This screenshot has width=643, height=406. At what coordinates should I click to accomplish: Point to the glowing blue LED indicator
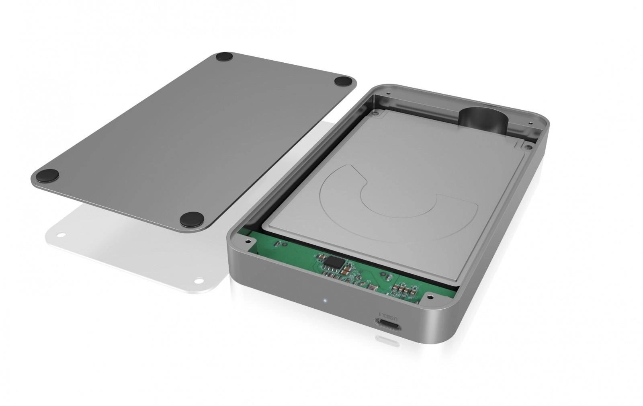pos(324,301)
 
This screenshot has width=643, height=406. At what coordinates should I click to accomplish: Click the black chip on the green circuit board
pos(333,261)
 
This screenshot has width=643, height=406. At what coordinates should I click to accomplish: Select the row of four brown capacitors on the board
pos(405,290)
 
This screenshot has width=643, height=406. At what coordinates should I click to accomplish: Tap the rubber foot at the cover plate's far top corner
pos(224,57)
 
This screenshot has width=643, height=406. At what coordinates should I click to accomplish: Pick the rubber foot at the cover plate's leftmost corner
pos(47,174)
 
